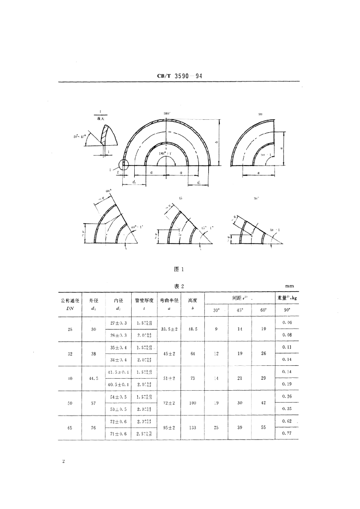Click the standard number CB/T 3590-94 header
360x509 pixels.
pyautogui.click(x=180, y=76)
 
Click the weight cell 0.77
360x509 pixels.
pyautogui.click(x=286, y=434)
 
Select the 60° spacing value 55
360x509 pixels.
pyautogui.click(x=264, y=428)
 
